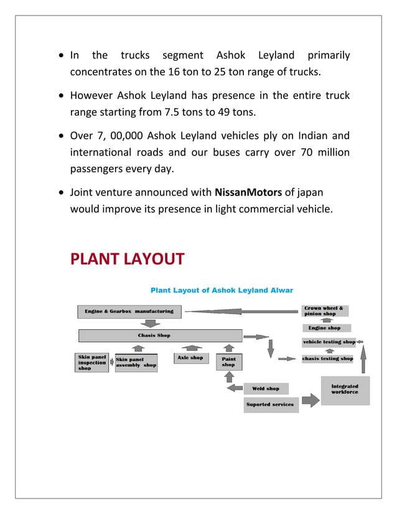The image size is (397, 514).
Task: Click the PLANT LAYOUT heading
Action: [x=127, y=259]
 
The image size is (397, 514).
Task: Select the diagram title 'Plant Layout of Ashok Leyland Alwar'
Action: [x=222, y=290]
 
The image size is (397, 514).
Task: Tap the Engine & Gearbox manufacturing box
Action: [x=129, y=311]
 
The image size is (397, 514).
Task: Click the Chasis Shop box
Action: [x=160, y=335]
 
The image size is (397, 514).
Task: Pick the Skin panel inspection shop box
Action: [x=91, y=363]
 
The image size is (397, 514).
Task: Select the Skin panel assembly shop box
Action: [x=136, y=362]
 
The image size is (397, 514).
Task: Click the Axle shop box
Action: [x=190, y=359]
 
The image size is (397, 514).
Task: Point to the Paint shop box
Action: [x=228, y=362]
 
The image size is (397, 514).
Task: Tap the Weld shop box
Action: [x=266, y=389]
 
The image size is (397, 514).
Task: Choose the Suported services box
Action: [x=271, y=405]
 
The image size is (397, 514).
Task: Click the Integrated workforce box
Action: [x=345, y=390]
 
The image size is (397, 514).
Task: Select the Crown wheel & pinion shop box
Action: [x=325, y=311]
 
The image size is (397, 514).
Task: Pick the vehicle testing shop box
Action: [x=329, y=342]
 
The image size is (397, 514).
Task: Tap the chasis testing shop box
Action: [x=328, y=358]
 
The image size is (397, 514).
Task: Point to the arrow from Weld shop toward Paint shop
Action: [x=235, y=389]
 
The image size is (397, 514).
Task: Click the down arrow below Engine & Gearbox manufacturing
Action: [x=151, y=323]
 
